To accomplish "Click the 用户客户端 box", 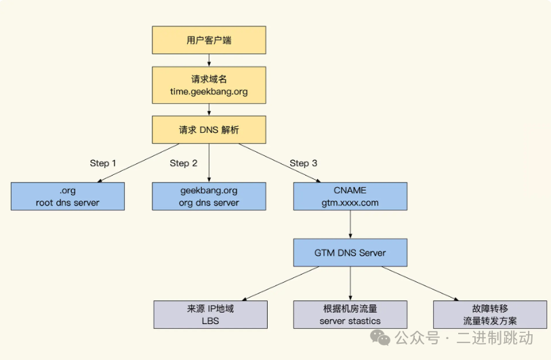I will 209,40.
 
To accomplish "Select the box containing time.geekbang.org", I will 209,85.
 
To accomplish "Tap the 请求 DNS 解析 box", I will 209,129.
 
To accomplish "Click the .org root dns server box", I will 68,196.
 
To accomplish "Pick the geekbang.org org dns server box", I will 209,196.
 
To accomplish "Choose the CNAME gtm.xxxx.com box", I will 350,196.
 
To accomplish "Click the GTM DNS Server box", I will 350,252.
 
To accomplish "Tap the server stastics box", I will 350,315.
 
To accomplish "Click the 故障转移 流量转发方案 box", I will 490,315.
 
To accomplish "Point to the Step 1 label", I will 103,163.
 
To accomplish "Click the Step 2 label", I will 184,163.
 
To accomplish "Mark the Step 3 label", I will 303,163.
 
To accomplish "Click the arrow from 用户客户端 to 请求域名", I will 209,60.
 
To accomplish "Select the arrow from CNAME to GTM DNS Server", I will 350,224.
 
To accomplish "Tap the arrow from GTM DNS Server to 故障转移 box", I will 420,283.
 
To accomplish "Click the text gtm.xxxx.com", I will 350,202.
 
